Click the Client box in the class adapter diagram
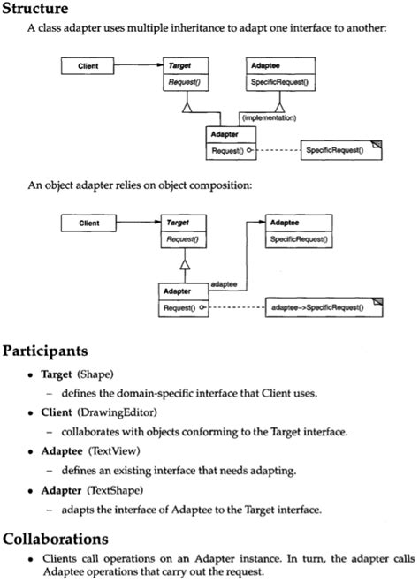(x=88, y=65)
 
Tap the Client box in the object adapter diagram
(x=88, y=223)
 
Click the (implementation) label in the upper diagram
(x=268, y=117)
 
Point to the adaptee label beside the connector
(x=224, y=283)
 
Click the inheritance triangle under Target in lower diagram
(x=184, y=262)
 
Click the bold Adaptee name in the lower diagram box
(x=283, y=223)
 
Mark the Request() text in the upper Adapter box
(x=225, y=150)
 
